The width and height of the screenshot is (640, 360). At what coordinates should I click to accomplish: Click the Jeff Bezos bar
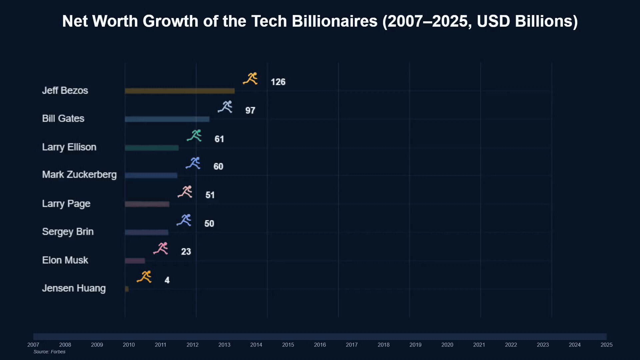click(179, 91)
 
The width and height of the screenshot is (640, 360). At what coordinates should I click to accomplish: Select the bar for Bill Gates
click(167, 119)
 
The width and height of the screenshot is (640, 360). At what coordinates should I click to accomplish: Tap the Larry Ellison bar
click(152, 148)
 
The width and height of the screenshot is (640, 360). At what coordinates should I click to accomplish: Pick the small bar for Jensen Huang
click(127, 289)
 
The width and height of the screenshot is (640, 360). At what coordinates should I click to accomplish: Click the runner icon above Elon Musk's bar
click(161, 249)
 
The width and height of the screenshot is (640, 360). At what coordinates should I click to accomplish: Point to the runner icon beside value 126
click(250, 79)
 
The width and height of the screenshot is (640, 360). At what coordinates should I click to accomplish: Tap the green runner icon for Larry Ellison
click(194, 136)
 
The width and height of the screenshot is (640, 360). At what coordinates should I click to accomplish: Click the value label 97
click(250, 110)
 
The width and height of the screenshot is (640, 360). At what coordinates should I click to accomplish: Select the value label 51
click(210, 195)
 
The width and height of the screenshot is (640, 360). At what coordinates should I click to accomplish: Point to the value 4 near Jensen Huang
click(167, 280)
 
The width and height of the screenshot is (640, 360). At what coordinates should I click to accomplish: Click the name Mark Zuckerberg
click(79, 175)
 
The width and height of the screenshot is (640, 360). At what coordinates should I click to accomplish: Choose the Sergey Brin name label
click(68, 232)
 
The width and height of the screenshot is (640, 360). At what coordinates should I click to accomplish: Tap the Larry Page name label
click(66, 204)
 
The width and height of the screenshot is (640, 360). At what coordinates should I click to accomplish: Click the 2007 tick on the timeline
click(33, 345)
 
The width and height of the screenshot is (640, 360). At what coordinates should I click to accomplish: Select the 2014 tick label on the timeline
click(256, 345)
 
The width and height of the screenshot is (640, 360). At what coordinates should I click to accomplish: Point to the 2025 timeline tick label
click(606, 345)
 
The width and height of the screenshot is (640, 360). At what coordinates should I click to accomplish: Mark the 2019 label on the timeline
click(415, 345)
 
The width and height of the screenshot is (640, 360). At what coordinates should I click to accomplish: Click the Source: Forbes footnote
click(49, 352)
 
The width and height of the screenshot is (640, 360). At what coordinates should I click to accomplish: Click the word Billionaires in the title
click(334, 21)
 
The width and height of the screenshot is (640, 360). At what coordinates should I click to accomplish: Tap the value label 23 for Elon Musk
click(186, 252)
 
